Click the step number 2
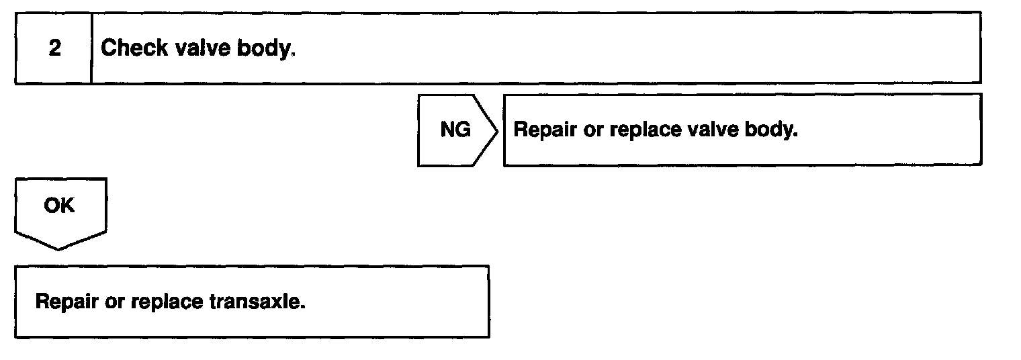click(x=55, y=49)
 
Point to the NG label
click(x=455, y=130)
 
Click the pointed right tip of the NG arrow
click(x=497, y=130)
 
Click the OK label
click(x=59, y=206)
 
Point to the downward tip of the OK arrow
click(x=59, y=248)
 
